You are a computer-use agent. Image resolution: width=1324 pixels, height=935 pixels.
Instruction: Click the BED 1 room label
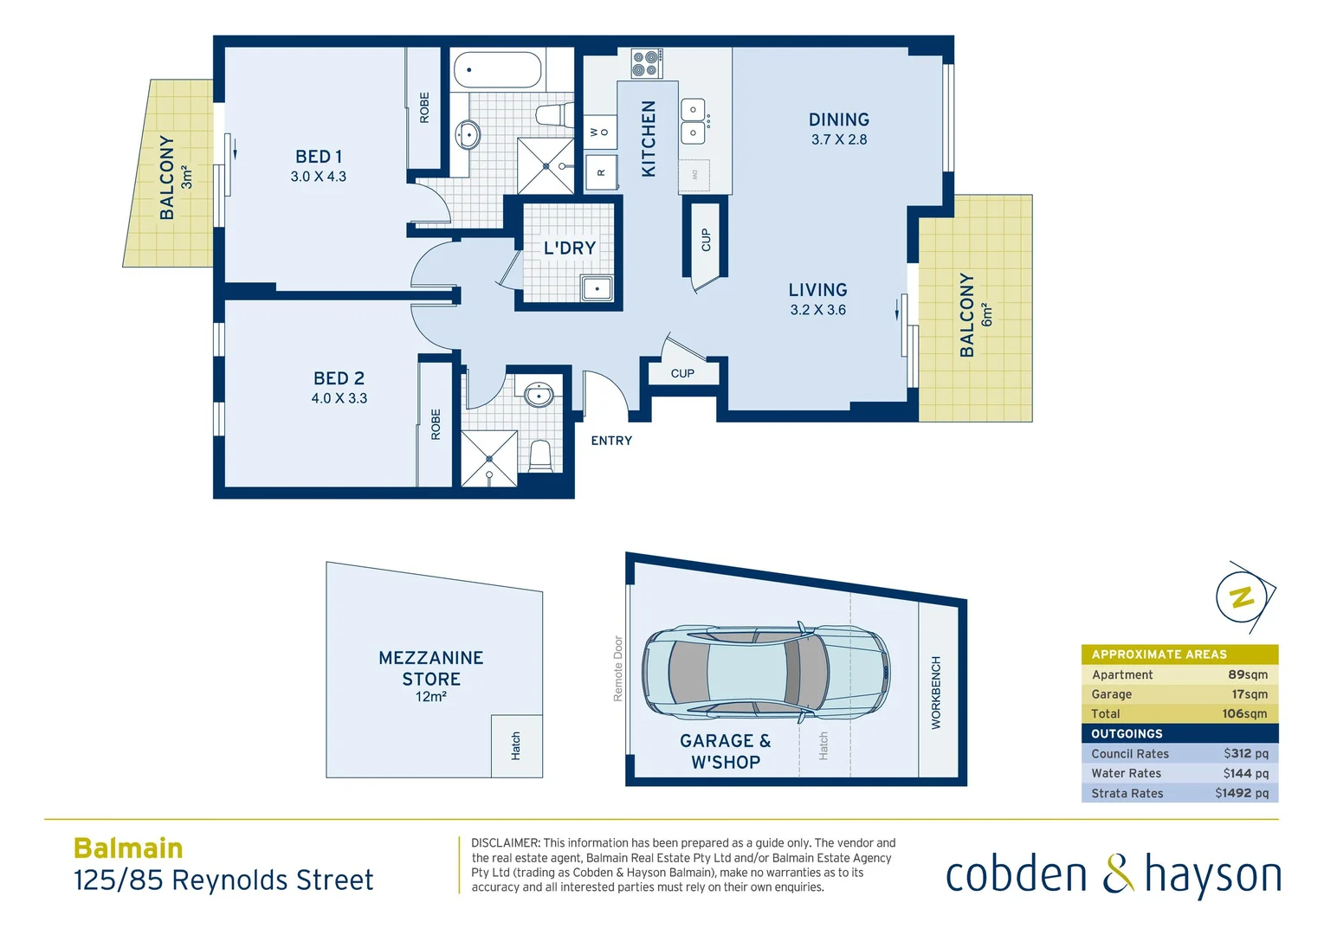coord(319,157)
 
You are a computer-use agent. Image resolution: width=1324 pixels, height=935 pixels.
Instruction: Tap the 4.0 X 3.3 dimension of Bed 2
coord(339,398)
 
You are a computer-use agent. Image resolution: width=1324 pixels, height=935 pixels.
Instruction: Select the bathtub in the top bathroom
coord(497,70)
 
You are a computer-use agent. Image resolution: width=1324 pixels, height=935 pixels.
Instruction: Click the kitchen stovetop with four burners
coord(647,63)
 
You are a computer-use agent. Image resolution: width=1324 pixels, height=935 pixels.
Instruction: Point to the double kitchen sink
coord(694,121)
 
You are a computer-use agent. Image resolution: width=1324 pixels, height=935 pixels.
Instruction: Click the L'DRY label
coord(569,248)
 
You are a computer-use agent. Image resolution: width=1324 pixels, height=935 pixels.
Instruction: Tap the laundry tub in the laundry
coord(597,288)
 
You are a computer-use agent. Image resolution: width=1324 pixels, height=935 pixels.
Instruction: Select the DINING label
coord(838,120)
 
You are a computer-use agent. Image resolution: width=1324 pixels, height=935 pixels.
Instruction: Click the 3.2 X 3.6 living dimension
coord(817,310)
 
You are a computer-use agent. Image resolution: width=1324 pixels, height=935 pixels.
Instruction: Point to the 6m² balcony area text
coord(987,315)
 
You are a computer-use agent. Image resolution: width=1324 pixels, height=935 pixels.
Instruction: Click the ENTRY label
coord(611,441)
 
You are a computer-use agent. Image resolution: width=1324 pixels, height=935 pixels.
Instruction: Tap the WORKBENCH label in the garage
coord(936,693)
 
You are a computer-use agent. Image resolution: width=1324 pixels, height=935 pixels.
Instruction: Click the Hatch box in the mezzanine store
coord(516,745)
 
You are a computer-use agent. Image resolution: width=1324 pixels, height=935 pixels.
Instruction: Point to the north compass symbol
coord(1243,596)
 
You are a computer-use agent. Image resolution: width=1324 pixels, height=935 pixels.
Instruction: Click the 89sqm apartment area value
coord(1247,674)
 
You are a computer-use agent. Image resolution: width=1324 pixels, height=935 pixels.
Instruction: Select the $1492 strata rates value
coord(1241,793)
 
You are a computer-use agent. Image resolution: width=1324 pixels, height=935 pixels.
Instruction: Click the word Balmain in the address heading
coord(128,848)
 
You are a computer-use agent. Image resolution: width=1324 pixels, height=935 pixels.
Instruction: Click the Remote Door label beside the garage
coord(618,668)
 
